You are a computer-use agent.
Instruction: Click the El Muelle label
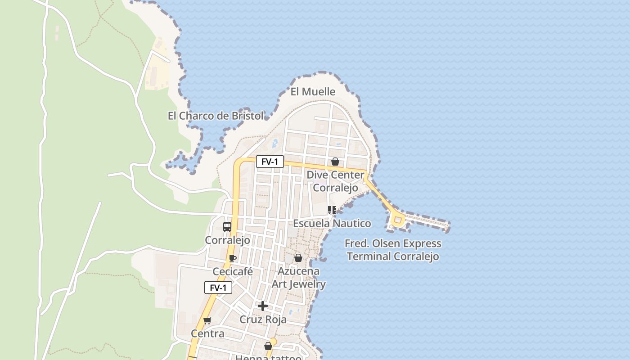[313, 92]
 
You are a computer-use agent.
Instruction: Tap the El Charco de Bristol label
[216, 116]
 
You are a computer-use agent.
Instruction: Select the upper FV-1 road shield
[270, 162]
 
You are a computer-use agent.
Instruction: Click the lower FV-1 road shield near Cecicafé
[218, 288]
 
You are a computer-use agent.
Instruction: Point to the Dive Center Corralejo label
[335, 181]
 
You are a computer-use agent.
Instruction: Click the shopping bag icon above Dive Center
[335, 162]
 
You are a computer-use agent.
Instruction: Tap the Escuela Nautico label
[332, 223]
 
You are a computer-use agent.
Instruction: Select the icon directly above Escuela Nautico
[332, 210]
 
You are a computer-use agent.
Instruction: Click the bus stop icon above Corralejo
[227, 227]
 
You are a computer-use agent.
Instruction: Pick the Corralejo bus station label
[227, 240]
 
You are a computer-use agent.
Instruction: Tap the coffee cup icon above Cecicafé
[232, 258]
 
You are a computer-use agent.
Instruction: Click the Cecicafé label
[233, 272]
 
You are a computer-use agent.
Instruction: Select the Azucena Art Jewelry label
[298, 278]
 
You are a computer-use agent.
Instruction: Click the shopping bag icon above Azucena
[298, 258]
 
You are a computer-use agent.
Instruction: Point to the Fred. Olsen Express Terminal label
[393, 250]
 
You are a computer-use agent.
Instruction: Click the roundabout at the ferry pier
[397, 220]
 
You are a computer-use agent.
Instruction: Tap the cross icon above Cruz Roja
[263, 306]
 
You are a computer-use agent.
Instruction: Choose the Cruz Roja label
[263, 319]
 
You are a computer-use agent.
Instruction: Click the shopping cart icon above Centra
[207, 320]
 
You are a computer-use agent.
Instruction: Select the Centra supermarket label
[207, 333]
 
